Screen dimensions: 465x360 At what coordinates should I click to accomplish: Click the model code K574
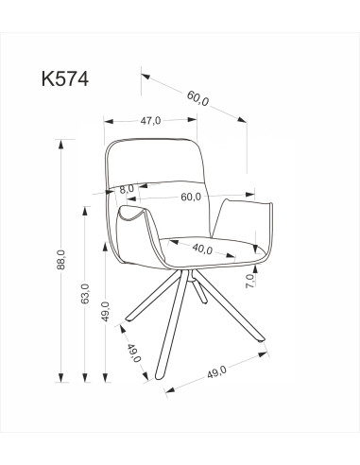point(65,79)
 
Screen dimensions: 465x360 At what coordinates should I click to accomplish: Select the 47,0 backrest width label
point(150,120)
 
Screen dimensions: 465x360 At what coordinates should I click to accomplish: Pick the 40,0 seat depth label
point(201,250)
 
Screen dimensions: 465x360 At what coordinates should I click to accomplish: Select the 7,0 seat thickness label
point(249,281)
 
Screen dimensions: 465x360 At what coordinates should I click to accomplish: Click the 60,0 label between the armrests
point(191,197)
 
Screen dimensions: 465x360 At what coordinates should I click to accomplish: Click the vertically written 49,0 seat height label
point(106,311)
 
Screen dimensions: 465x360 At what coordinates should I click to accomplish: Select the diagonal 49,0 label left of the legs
point(134,354)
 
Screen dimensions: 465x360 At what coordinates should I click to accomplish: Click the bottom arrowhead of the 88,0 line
point(63,373)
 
